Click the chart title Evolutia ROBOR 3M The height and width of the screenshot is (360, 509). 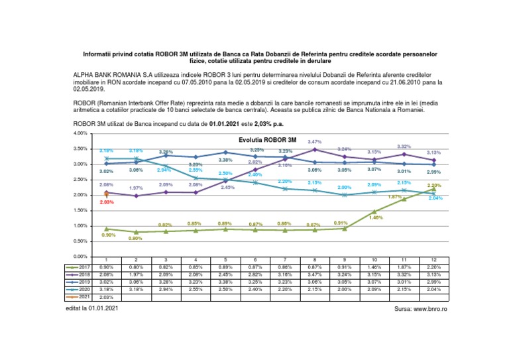268,141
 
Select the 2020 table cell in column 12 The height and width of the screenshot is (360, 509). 434,290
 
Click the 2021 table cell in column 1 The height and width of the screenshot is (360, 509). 107,298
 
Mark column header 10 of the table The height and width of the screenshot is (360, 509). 374,259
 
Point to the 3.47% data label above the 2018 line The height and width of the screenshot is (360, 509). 315,141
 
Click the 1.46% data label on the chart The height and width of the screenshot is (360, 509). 374,217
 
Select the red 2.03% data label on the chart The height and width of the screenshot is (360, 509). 106,202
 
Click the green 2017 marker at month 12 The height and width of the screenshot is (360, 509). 434,189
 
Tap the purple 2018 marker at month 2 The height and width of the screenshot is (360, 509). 137,196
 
